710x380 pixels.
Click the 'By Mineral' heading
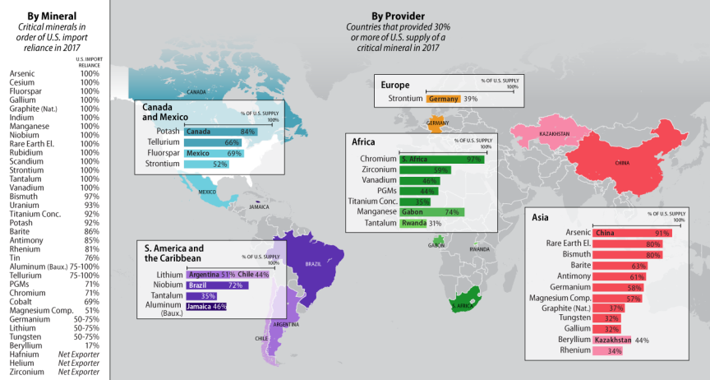(53, 15)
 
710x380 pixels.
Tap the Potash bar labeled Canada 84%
(220, 132)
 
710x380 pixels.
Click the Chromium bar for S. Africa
(441, 158)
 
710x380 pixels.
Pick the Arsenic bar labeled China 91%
(633, 233)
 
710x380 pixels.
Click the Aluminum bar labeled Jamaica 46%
(205, 307)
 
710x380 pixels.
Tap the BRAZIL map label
(313, 264)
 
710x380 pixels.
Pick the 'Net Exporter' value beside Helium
(79, 363)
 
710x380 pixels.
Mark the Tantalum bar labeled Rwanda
(414, 223)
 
